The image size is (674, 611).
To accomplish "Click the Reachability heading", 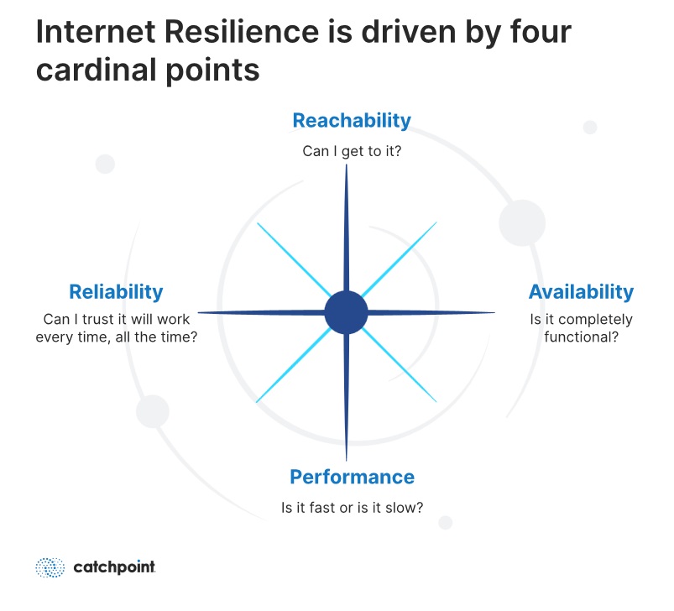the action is coord(352,121).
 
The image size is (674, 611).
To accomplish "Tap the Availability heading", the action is coord(581,292).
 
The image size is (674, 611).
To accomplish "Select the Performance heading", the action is coord(352,477).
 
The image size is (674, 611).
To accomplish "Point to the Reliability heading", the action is coord(116,292).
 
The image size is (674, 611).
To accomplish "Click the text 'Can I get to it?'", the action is coord(352,151).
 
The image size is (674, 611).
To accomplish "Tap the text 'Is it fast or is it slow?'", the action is coord(352,508).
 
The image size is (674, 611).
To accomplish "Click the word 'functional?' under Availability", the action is coord(581,337).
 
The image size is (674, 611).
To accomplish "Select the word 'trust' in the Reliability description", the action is coord(99,319).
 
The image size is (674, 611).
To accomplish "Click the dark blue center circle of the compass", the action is coord(346,312).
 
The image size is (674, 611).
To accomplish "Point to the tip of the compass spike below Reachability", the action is coord(346,165).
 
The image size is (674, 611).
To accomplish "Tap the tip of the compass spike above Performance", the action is coord(346,461).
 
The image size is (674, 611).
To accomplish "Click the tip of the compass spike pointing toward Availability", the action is coord(494,312).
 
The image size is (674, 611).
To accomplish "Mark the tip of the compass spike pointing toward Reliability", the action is coord(198,312).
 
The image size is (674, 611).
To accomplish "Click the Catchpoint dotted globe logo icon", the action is coord(50,567).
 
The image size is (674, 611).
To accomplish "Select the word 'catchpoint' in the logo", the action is coord(114,567).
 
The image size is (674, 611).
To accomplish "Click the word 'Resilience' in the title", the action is coord(241,32).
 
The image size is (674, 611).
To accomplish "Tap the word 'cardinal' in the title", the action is coord(96,70).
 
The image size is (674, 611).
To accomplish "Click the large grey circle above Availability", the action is coord(522,223).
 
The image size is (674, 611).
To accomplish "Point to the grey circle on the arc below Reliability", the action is coord(153,411).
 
